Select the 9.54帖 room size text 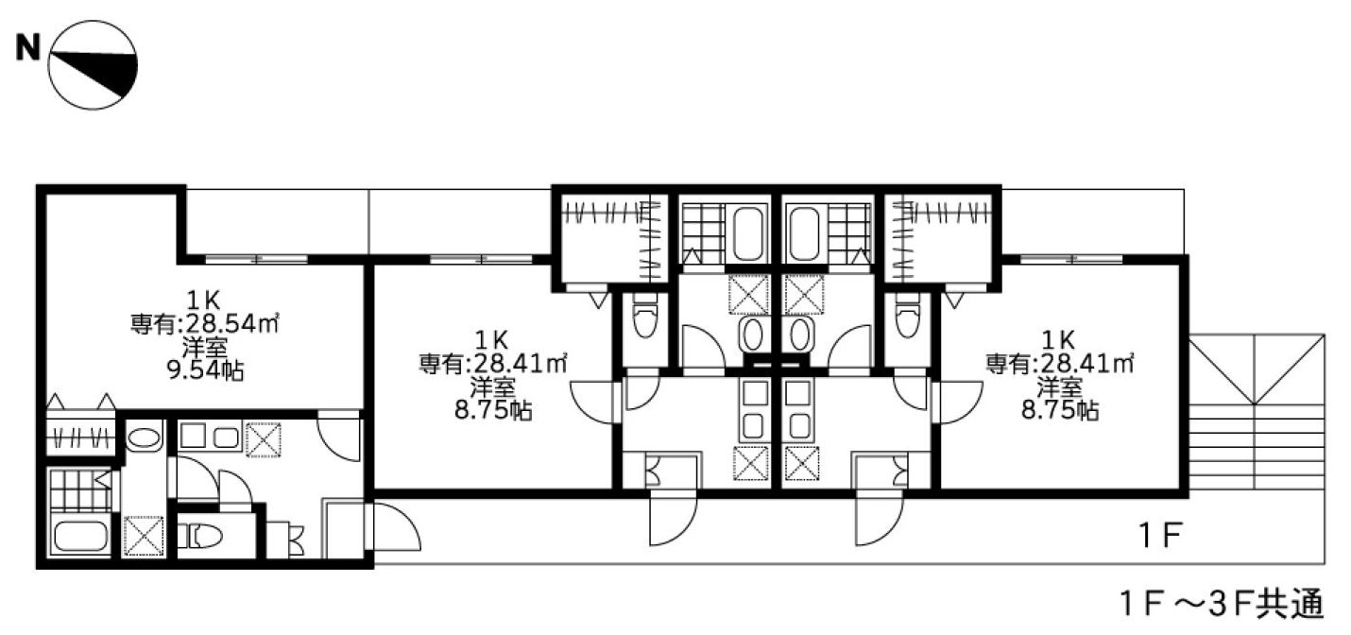[x=205, y=370]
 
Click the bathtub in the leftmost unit [x=80, y=537]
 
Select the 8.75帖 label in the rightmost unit [x=1060, y=410]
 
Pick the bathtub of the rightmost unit [x=804, y=232]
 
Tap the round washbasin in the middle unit [x=753, y=335]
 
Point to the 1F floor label [x=1159, y=535]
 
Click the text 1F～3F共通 [x=1223, y=604]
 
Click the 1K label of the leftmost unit [x=204, y=300]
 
